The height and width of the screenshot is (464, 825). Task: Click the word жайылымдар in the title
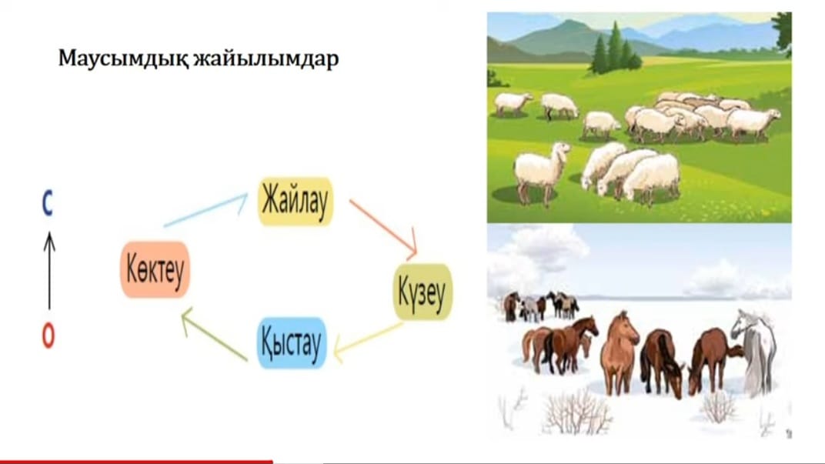[266, 59]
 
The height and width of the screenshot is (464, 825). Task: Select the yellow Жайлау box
[296, 202]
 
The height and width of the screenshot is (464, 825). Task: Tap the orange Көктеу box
[155, 270]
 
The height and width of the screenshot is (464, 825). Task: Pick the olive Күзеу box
[423, 292]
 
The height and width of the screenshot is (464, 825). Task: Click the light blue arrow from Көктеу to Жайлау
[205, 210]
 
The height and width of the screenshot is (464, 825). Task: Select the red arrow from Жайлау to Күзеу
[383, 229]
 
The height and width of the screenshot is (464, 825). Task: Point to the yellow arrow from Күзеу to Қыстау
[368, 342]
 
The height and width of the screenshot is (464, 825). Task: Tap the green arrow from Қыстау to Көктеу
[214, 334]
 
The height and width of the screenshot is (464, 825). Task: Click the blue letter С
[48, 204]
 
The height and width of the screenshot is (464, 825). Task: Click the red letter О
[48, 335]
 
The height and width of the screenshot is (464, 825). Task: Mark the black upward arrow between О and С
[49, 270]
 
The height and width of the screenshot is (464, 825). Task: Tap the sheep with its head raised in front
[542, 171]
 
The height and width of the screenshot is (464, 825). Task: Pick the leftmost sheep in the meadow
[513, 104]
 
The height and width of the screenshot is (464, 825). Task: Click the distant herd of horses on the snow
[542, 305]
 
